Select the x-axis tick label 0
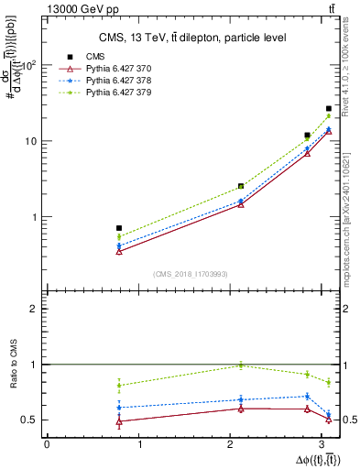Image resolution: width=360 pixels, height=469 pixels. (x=47, y=444)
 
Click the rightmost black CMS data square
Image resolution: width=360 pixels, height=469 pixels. (x=329, y=109)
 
